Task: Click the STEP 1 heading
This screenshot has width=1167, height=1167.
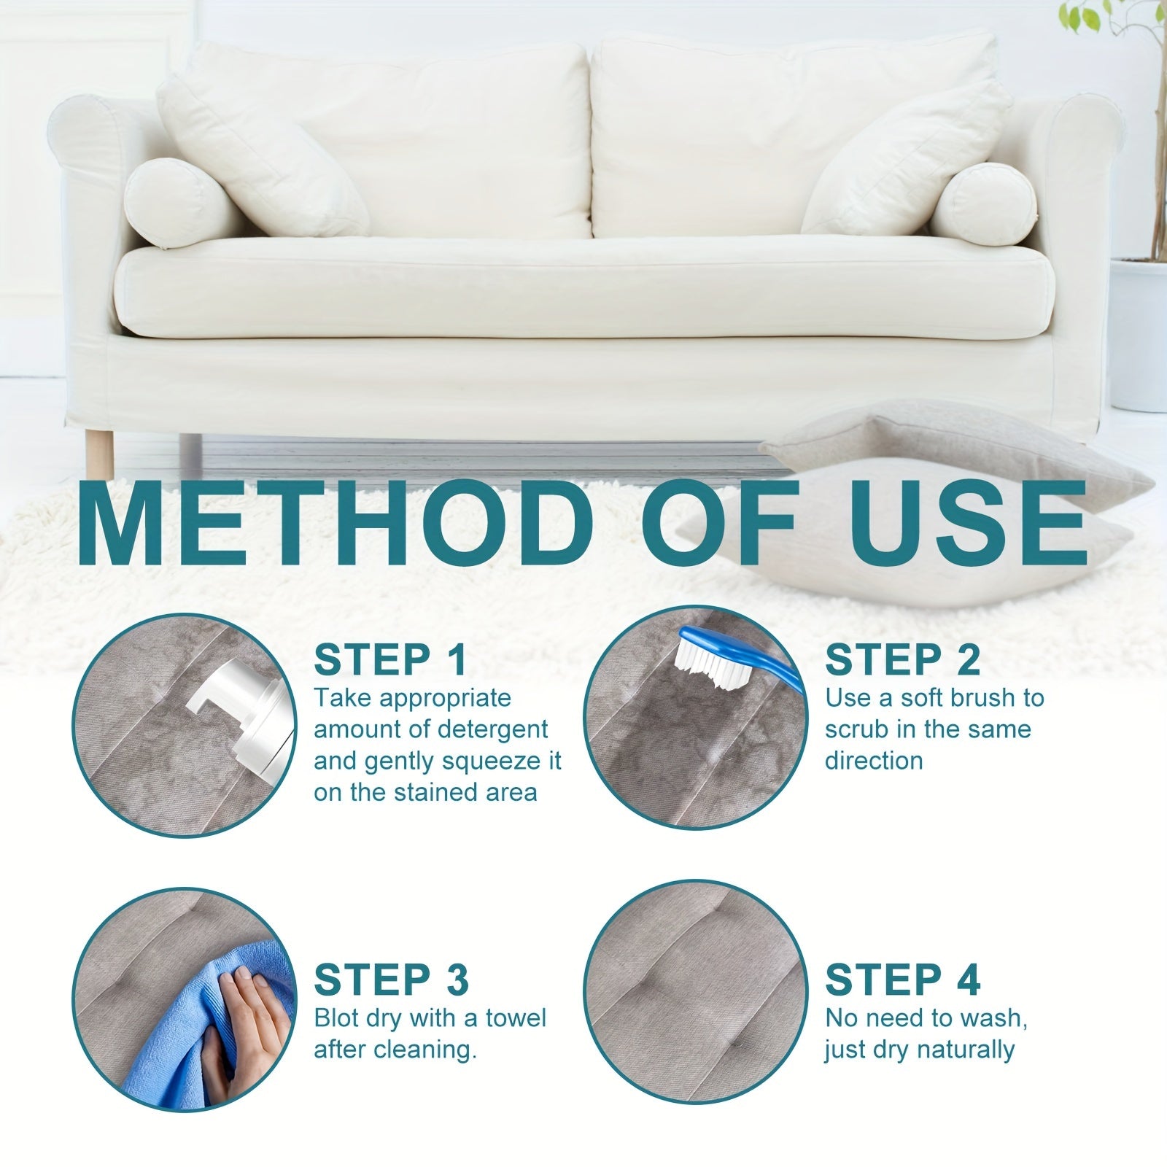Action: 389,660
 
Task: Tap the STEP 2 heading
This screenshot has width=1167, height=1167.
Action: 902,660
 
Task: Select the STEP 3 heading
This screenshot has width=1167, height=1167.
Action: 391,980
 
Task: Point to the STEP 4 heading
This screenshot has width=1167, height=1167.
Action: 902,980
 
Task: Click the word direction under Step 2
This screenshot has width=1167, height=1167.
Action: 873,761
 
